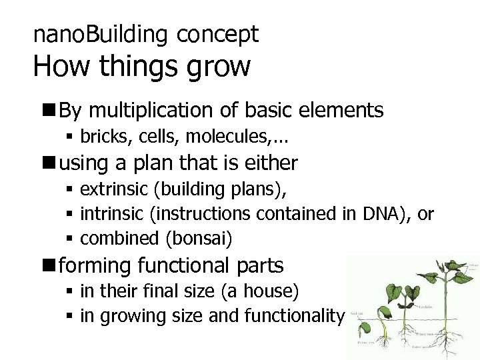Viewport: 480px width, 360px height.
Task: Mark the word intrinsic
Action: [111, 214]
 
